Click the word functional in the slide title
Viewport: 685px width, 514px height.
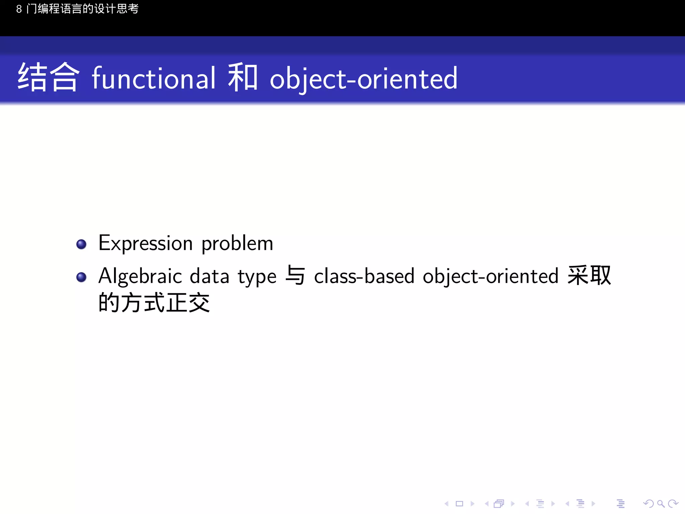[154, 78]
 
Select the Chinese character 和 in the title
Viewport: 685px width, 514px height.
[243, 78]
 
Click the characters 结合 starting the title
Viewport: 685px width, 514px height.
[48, 77]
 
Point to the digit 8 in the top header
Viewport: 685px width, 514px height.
[19, 9]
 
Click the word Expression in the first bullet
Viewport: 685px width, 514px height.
[145, 243]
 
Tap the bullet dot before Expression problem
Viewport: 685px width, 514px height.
[81, 244]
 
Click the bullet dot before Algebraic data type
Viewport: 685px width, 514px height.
[81, 277]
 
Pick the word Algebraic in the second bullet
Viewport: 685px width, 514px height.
[140, 277]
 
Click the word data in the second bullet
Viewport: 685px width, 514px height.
[209, 276]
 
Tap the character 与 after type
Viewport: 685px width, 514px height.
[295, 275]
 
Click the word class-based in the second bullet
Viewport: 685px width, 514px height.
[364, 276]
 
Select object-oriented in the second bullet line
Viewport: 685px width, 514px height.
[490, 277]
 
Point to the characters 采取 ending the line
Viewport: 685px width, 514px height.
[589, 275]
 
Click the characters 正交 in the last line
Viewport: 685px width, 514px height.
[188, 303]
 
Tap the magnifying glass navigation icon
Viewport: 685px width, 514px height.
[660, 504]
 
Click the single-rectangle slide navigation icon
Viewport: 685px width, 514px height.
[460, 504]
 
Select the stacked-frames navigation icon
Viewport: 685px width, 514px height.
[499, 504]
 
